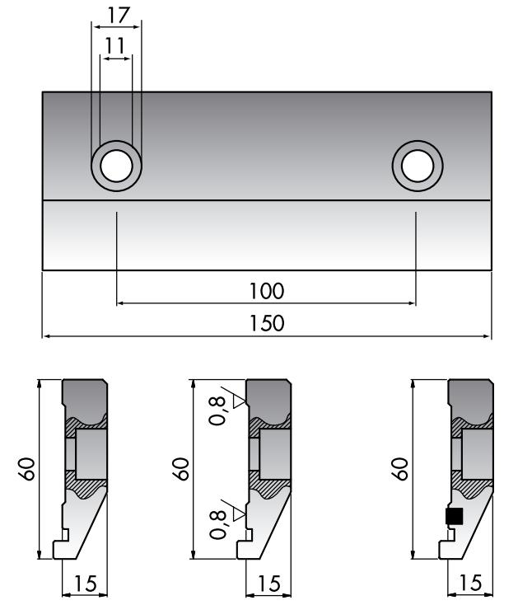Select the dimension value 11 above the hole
pos(116,45)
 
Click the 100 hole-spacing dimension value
pos(266,291)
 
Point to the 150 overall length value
pos(266,323)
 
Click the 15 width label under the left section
pos(86,584)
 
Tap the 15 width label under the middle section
pos(268,584)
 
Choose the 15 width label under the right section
pos(469,584)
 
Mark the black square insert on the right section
pos(454,516)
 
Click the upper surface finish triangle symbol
pos(240,401)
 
